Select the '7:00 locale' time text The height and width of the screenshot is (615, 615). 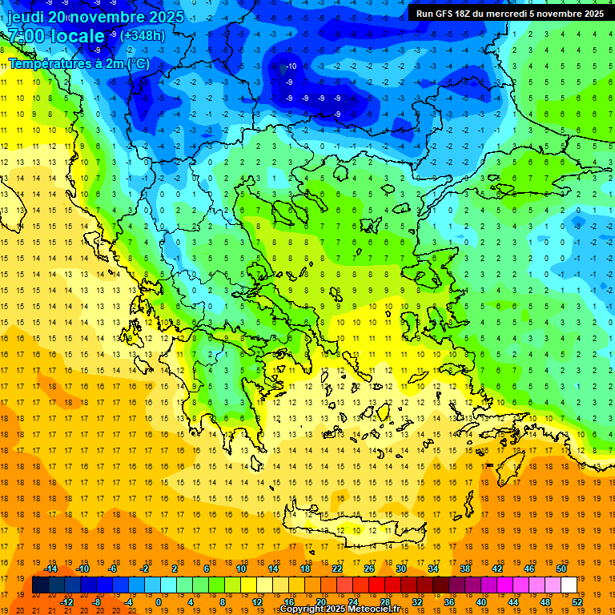(x=56, y=36)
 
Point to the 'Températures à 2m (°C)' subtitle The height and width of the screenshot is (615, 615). (x=78, y=63)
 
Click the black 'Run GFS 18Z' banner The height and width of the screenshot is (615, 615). (x=510, y=13)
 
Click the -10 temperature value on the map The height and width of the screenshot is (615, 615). (x=292, y=66)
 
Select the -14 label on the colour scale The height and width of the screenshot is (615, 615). (x=50, y=569)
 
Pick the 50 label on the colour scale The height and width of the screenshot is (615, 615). (x=561, y=569)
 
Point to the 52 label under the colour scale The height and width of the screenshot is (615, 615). (x=577, y=602)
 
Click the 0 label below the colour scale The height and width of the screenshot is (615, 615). (x=158, y=602)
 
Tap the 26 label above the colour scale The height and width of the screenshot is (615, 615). (x=369, y=569)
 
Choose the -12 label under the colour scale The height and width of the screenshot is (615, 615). (x=66, y=602)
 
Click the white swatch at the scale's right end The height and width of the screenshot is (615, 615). (x=569, y=585)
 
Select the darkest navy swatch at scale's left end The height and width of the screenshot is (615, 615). (x=40, y=585)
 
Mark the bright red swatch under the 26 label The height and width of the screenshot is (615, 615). (x=376, y=585)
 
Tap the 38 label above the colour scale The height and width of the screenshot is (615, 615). (x=465, y=569)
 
